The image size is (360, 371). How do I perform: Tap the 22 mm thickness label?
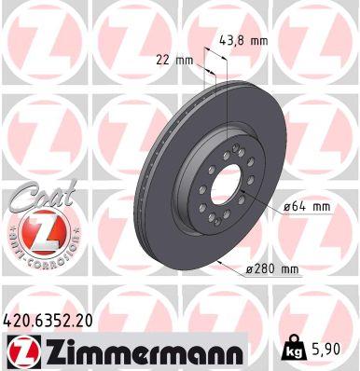tap(173, 60)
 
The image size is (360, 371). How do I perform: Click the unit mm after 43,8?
tap(259, 40)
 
